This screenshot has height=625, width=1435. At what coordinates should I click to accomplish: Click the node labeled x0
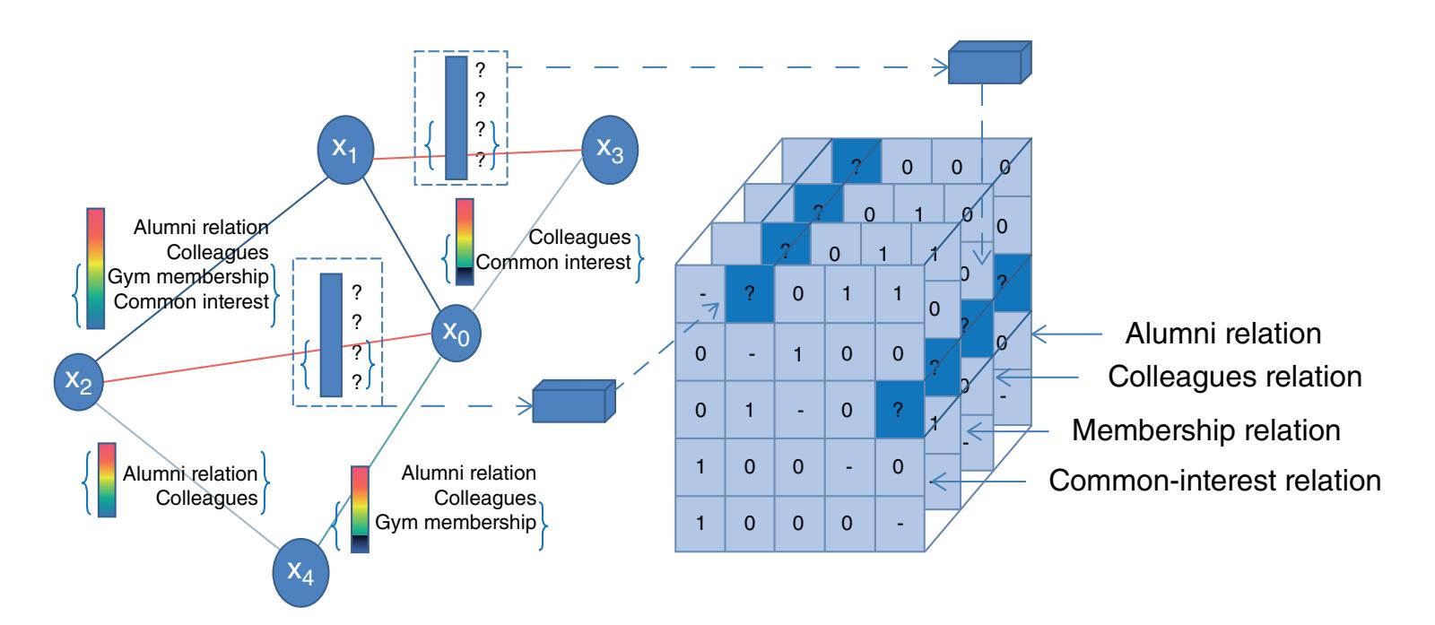pos(456,333)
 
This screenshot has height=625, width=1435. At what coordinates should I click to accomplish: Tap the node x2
pos(80,383)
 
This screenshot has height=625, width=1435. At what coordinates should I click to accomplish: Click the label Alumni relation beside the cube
pos(1222,334)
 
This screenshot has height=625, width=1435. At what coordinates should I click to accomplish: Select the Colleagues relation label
pos(1235,376)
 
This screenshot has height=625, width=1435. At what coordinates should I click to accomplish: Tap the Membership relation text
pos(1206,430)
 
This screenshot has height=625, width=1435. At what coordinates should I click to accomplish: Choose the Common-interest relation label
pos(1214,481)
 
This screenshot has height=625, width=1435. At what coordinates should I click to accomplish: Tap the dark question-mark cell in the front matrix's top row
pos(749,293)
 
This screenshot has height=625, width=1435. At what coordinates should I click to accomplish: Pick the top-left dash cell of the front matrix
pos(700,293)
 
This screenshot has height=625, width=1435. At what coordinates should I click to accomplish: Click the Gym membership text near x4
pos(456,522)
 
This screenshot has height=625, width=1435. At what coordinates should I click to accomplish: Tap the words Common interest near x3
pos(553,262)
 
